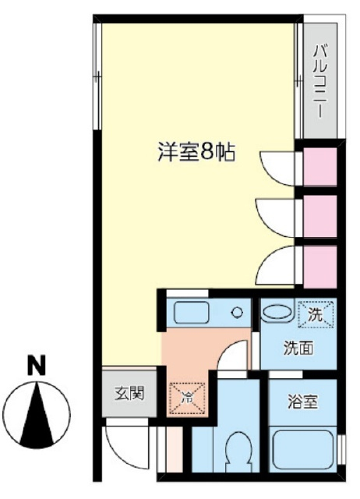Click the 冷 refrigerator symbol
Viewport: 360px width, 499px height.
click(187, 397)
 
